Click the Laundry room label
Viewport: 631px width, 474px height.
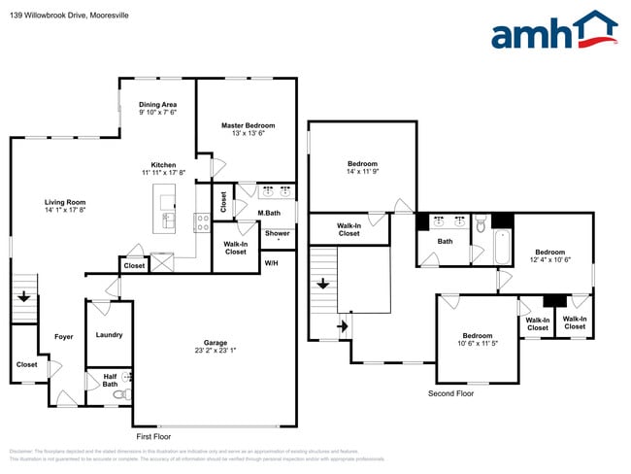[110, 335]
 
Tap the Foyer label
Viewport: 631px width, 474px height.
[64, 337]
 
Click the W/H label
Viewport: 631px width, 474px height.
[273, 263]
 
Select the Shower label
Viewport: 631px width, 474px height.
[278, 233]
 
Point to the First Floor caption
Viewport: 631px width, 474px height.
[157, 437]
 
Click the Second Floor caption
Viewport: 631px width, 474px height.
[451, 393]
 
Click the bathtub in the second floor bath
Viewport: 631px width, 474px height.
[503, 249]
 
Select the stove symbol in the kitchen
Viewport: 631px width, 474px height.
[203, 221]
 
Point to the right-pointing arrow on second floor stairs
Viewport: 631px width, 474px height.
[340, 326]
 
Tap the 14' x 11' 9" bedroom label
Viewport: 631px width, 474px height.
[362, 168]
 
